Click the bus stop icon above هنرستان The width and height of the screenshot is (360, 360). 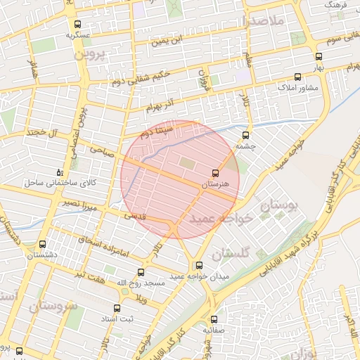[214, 172]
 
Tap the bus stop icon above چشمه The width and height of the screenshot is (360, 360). [245, 135]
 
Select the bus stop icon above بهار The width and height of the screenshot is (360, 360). [319, 56]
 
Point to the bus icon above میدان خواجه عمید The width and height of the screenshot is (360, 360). [199, 266]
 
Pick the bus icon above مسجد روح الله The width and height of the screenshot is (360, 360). [141, 272]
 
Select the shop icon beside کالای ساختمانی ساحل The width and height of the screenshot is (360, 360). [59, 172]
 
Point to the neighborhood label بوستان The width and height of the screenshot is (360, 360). [280, 205]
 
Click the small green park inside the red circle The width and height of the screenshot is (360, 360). [188, 164]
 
